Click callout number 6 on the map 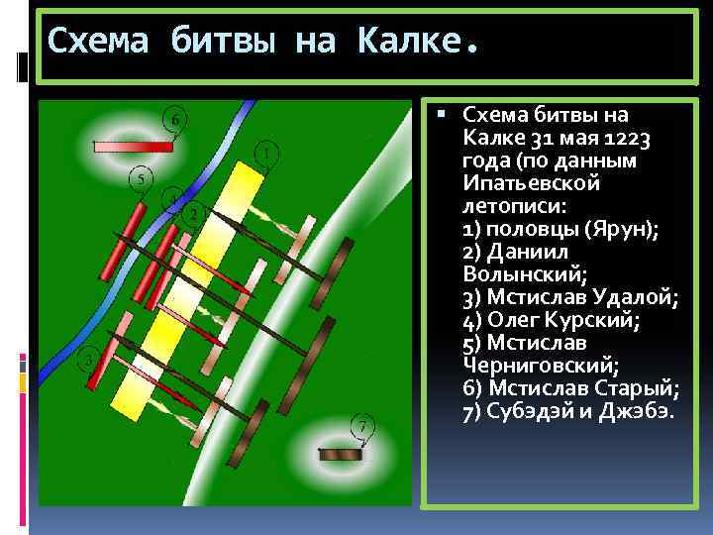(x=174, y=120)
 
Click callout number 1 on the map (x=265, y=154)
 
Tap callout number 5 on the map (x=143, y=179)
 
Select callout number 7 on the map (x=364, y=427)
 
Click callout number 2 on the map (x=194, y=213)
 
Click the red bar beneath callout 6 (x=134, y=146)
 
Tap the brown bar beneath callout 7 (x=340, y=454)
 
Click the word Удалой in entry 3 (x=632, y=296)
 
